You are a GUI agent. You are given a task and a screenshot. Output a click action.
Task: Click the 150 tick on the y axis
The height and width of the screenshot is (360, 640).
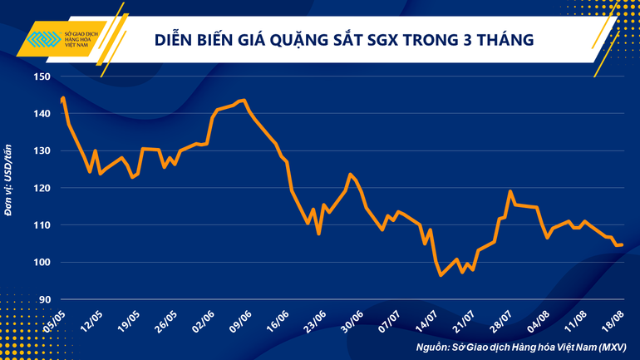[x=43, y=76]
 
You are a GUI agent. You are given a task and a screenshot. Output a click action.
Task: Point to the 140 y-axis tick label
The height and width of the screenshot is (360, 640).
[x=43, y=114]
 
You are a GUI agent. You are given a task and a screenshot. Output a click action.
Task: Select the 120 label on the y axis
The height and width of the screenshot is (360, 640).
[x=43, y=188]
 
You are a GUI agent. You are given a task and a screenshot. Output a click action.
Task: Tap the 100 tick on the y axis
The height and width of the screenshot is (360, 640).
[x=43, y=263]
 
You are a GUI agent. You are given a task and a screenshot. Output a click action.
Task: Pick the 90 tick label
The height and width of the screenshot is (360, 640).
[x=46, y=299]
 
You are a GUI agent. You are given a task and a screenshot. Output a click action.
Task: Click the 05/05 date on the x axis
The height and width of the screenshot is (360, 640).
[x=55, y=320]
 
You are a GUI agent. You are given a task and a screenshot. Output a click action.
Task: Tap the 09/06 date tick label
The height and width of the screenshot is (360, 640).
[x=239, y=320]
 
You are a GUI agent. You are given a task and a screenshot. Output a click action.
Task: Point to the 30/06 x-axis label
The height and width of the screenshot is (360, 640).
[x=351, y=320]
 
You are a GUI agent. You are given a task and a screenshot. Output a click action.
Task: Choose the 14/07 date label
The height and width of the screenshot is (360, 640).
[x=426, y=320]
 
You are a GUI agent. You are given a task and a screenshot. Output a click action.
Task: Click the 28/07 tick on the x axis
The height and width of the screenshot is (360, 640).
[x=500, y=320]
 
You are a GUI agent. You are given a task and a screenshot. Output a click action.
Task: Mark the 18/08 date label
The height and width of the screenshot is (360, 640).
[x=612, y=320]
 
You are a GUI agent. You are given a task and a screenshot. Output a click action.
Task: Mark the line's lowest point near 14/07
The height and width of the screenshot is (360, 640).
[x=441, y=275]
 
